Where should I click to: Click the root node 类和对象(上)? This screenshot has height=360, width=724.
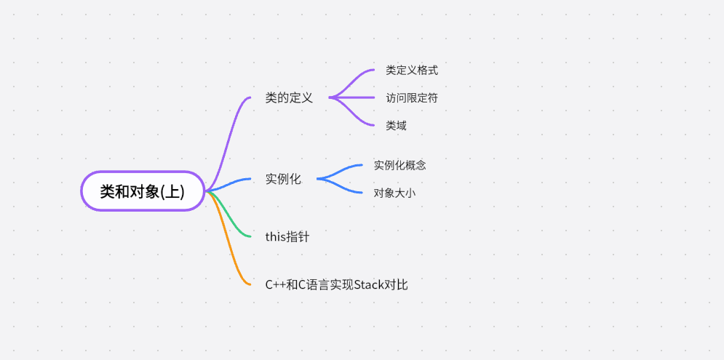click(x=142, y=191)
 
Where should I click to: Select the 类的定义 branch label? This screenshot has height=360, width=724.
click(x=289, y=97)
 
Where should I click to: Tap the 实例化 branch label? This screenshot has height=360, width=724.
click(x=283, y=179)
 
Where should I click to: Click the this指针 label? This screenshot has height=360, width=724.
click(x=287, y=236)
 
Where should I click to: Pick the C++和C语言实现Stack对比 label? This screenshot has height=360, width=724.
click(x=336, y=284)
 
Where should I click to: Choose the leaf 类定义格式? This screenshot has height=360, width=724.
click(x=412, y=71)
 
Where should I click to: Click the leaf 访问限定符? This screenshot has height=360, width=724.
click(x=412, y=97)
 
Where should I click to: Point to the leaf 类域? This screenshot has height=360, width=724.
click(x=396, y=125)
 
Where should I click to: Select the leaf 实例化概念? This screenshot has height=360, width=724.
click(x=399, y=165)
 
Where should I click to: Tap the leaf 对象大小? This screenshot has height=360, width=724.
click(x=394, y=193)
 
